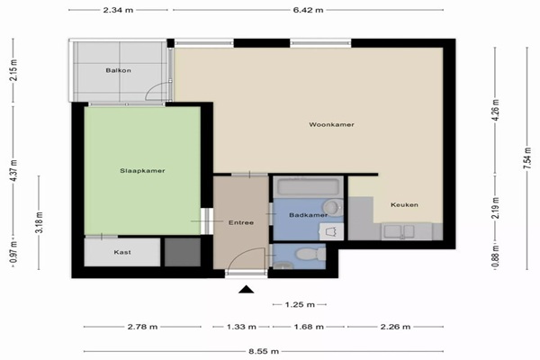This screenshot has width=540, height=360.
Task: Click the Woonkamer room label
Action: point(331,124)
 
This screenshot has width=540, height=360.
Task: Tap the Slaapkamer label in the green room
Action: point(142,170)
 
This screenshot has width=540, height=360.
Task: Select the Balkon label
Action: point(118,70)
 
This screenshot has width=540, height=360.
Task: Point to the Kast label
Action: point(122,252)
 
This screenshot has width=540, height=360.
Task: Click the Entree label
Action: point(241,222)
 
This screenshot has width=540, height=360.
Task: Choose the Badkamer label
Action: point(308,215)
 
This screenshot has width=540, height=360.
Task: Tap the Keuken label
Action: point(404,204)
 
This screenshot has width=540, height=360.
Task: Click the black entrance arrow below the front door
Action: point(247,290)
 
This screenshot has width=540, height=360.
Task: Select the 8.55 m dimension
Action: point(264,351)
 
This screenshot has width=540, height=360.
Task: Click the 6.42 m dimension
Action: point(308,10)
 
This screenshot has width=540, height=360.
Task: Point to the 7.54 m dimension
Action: point(527,158)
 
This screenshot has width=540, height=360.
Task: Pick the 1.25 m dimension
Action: point(300,304)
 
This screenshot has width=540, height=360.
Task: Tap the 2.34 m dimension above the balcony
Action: point(118,10)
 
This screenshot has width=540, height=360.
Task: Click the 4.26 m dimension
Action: point(496,110)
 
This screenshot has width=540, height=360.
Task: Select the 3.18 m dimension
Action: point(39,222)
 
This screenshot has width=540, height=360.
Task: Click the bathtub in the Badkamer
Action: point(308,187)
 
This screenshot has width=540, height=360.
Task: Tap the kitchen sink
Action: point(399,231)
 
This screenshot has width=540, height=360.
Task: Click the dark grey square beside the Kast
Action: point(183,252)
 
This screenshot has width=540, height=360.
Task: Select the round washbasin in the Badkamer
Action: point(331,207)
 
